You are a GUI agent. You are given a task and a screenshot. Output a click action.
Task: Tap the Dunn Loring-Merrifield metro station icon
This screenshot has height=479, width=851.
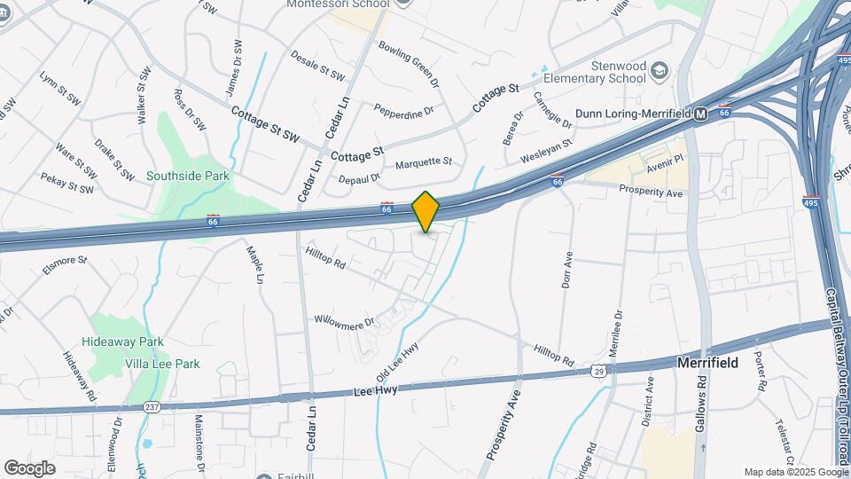700,114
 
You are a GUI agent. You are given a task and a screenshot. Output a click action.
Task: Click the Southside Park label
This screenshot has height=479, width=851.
188,176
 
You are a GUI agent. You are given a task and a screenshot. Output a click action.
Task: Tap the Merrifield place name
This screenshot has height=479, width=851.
707,363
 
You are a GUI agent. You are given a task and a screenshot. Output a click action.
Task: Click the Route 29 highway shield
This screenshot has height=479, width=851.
600,372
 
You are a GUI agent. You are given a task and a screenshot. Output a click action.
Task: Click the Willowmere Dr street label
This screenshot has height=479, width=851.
345,318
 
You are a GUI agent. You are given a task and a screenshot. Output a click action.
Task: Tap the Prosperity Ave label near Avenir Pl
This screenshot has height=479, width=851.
651,192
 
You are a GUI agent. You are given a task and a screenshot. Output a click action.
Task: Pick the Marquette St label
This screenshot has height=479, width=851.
424,163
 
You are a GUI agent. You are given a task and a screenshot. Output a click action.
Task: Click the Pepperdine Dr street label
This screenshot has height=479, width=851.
403,112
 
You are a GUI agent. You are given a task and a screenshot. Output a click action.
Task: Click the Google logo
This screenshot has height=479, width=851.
29,467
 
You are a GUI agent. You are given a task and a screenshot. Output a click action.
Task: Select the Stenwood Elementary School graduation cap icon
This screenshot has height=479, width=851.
660,69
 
